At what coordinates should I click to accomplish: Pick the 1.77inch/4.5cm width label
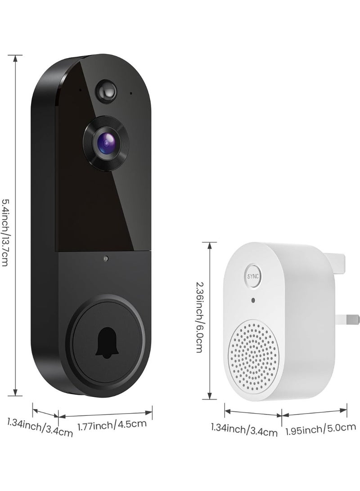112,423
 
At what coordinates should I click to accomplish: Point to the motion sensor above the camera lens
106,89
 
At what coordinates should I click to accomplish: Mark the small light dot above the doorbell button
105,259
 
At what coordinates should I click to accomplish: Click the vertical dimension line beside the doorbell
16,225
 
